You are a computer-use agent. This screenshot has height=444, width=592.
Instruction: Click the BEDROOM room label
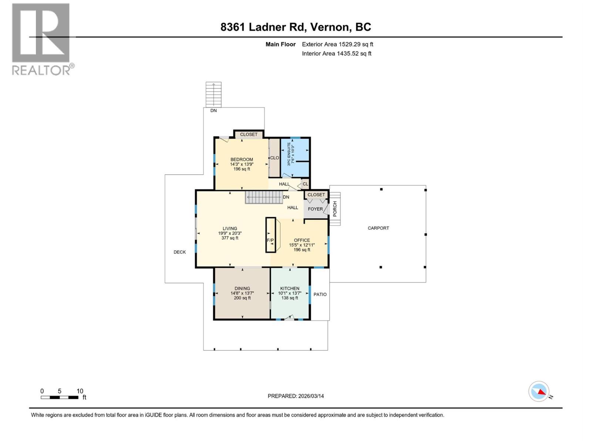(x=242, y=159)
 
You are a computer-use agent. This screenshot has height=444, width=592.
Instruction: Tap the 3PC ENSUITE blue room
(x=295, y=157)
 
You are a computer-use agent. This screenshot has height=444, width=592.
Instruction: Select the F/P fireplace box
(x=270, y=235)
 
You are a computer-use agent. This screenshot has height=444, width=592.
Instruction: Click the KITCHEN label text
(x=290, y=288)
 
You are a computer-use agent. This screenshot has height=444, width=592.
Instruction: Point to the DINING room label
(x=242, y=288)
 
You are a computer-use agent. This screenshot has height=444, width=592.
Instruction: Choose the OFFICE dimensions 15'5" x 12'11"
(x=302, y=245)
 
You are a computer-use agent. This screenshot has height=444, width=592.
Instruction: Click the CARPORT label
(x=378, y=228)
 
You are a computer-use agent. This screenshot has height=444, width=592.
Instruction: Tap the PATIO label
(x=320, y=294)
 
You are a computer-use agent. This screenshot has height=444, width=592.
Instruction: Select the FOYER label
(x=315, y=209)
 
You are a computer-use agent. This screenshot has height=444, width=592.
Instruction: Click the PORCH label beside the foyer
(x=335, y=209)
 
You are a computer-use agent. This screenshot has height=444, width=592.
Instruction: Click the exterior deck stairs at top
(x=213, y=94)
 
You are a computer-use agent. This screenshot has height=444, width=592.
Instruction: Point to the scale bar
(x=60, y=397)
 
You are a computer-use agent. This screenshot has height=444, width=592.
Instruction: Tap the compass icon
(x=539, y=391)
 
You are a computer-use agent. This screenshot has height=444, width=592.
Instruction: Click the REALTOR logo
(x=41, y=39)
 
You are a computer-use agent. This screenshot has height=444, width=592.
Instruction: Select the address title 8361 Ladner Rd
(x=296, y=27)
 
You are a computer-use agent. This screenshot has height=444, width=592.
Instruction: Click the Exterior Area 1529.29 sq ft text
(x=337, y=44)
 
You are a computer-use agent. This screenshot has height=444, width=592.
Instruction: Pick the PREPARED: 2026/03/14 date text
(x=296, y=396)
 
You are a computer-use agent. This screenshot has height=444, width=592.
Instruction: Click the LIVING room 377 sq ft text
(x=230, y=238)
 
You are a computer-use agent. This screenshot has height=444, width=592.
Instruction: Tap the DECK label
(x=180, y=252)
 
